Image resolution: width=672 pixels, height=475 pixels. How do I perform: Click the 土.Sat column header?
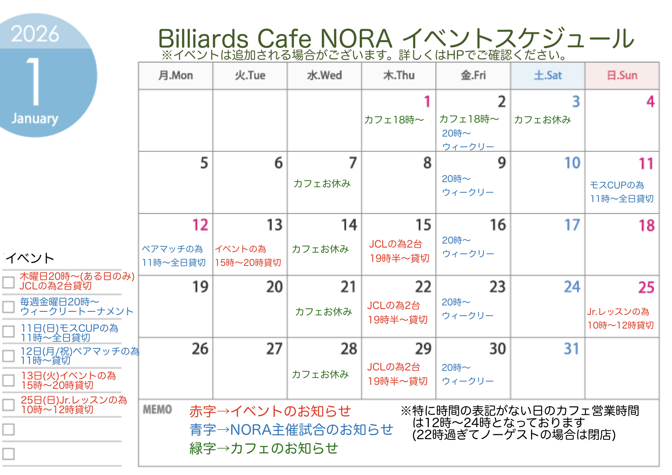(547, 75)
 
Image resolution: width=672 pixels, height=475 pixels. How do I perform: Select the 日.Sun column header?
(622, 75)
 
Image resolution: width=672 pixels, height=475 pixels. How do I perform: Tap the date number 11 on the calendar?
(646, 164)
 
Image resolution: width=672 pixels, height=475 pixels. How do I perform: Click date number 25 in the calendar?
(646, 287)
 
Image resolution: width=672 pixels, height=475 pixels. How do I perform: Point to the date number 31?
(571, 349)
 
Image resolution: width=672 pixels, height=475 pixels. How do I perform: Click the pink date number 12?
(200, 225)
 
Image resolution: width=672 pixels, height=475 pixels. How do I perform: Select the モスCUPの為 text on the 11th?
(617, 185)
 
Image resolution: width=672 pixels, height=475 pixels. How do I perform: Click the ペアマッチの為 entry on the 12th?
(172, 249)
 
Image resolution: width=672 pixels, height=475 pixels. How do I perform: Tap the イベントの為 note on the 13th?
(241, 249)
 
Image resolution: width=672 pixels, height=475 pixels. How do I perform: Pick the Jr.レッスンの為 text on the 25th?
(618, 312)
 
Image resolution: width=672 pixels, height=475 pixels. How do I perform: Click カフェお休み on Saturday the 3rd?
(542, 120)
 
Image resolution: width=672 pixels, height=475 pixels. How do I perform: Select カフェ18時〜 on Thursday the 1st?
(394, 120)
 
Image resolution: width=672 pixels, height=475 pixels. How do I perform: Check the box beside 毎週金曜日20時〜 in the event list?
(8, 307)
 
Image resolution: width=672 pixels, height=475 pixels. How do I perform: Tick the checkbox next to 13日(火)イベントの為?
(8, 380)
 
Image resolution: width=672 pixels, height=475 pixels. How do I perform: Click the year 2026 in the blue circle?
(35, 34)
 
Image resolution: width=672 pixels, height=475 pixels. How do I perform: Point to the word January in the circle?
(35, 119)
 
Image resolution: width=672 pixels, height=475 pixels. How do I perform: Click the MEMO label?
(157, 409)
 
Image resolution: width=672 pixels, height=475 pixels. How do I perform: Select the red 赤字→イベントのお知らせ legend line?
(270, 411)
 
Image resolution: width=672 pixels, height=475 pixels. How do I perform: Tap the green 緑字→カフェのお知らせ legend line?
(264, 448)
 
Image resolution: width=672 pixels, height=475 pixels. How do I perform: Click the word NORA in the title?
(356, 38)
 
